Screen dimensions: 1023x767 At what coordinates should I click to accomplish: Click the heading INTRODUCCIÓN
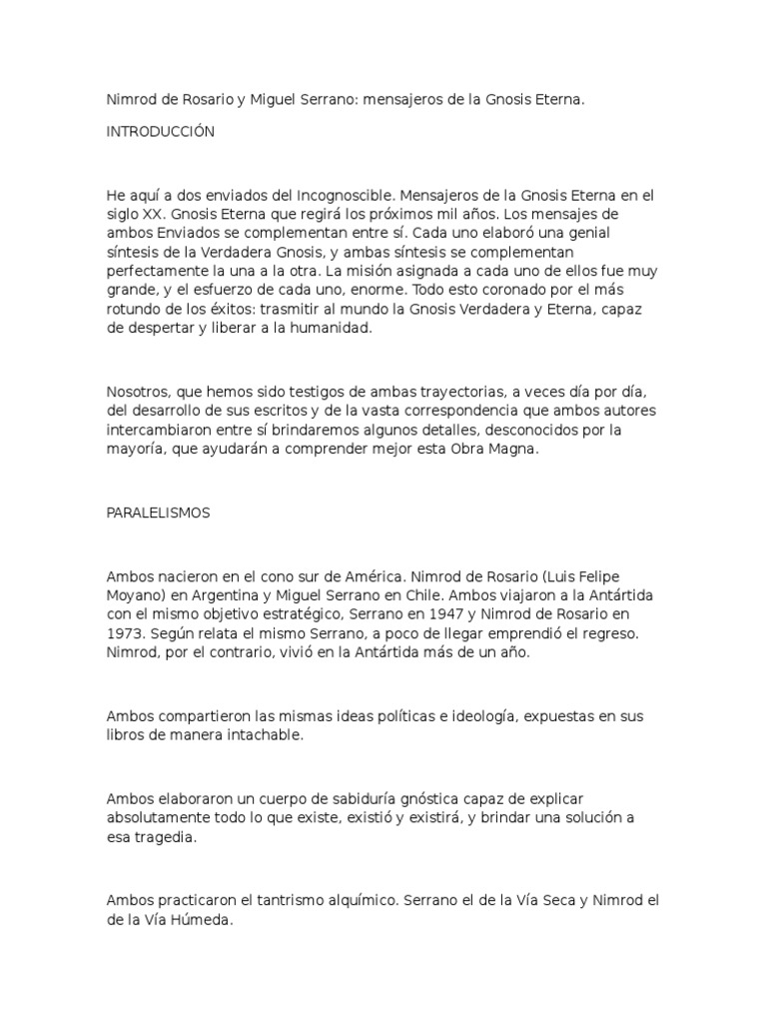[160, 132]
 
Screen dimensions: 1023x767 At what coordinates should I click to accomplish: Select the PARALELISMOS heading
[158, 511]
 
